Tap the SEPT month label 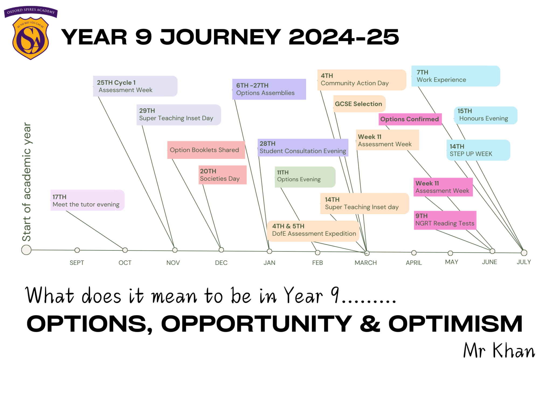coord(77,263)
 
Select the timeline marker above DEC coord(221,250)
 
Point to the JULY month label coord(524,262)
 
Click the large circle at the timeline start coord(26,250)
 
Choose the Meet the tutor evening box coord(87,200)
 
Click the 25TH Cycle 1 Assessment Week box coord(135,86)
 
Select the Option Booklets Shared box coord(206,150)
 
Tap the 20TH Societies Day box coord(223,175)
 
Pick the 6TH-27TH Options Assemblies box coord(269,89)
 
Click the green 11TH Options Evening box coord(305,177)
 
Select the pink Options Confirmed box coord(410,119)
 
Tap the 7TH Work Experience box coord(456,76)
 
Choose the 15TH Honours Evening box coord(486,115)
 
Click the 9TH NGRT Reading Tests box coord(445,220)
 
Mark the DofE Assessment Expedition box coord(313,231)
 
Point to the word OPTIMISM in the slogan coord(455,324)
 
